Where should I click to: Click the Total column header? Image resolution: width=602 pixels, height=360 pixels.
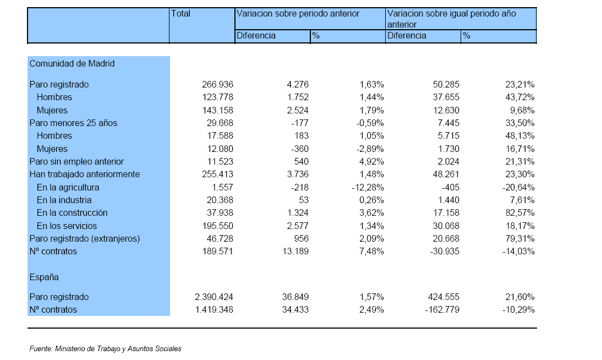pyautogui.click(x=180, y=13)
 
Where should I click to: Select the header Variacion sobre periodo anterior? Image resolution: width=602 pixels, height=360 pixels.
pyautogui.click(x=298, y=13)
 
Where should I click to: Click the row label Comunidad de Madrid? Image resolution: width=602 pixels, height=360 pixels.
pyautogui.click(x=72, y=63)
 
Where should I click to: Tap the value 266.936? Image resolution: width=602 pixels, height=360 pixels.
pyautogui.click(x=218, y=84)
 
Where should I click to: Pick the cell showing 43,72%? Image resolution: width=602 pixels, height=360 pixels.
pyautogui.click(x=520, y=97)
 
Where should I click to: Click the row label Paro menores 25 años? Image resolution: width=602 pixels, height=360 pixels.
pyautogui.click(x=73, y=123)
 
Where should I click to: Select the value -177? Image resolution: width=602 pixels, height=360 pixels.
pyautogui.click(x=300, y=123)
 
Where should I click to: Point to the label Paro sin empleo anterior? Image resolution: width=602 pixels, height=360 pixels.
pyautogui.click(x=77, y=161)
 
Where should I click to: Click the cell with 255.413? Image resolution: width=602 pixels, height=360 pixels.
pyautogui.click(x=218, y=174)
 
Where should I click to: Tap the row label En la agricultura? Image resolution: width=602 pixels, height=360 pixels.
pyautogui.click(x=68, y=187)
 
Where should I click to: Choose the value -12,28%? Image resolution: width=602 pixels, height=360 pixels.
pyautogui.click(x=368, y=187)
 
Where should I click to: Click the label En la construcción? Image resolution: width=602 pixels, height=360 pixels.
pyautogui.click(x=72, y=212)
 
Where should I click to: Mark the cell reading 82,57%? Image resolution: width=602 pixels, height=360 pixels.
pyautogui.click(x=520, y=212)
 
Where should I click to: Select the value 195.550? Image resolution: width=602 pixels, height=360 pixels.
pyautogui.click(x=218, y=226)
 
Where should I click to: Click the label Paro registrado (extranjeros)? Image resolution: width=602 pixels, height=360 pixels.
pyautogui.click(x=85, y=238)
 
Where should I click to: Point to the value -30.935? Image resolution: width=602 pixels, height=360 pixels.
pyautogui.click(x=445, y=251)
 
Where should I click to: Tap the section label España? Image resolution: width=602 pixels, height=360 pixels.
pyautogui.click(x=44, y=277)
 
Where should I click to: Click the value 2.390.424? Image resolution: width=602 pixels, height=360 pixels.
pyautogui.click(x=214, y=297)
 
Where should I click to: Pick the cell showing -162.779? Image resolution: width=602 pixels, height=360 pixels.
pyautogui.click(x=442, y=310)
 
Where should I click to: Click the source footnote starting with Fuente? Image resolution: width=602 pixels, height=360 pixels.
pyautogui.click(x=106, y=348)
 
